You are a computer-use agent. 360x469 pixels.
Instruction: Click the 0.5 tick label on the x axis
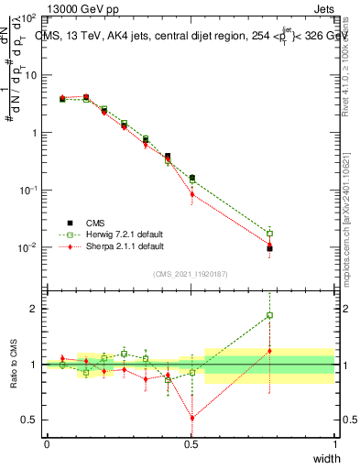click(191, 444)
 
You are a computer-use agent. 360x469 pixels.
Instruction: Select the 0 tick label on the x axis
click(48, 444)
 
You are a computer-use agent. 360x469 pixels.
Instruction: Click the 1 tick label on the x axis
click(335, 444)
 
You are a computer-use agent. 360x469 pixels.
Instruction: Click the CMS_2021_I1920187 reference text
click(191, 274)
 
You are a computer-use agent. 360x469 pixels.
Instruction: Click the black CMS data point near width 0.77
click(269, 248)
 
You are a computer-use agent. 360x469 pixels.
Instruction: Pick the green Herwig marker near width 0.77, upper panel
click(269, 233)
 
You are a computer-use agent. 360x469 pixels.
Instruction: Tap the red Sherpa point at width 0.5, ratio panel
click(192, 418)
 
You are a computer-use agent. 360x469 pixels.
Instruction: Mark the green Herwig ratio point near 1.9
click(269, 315)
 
